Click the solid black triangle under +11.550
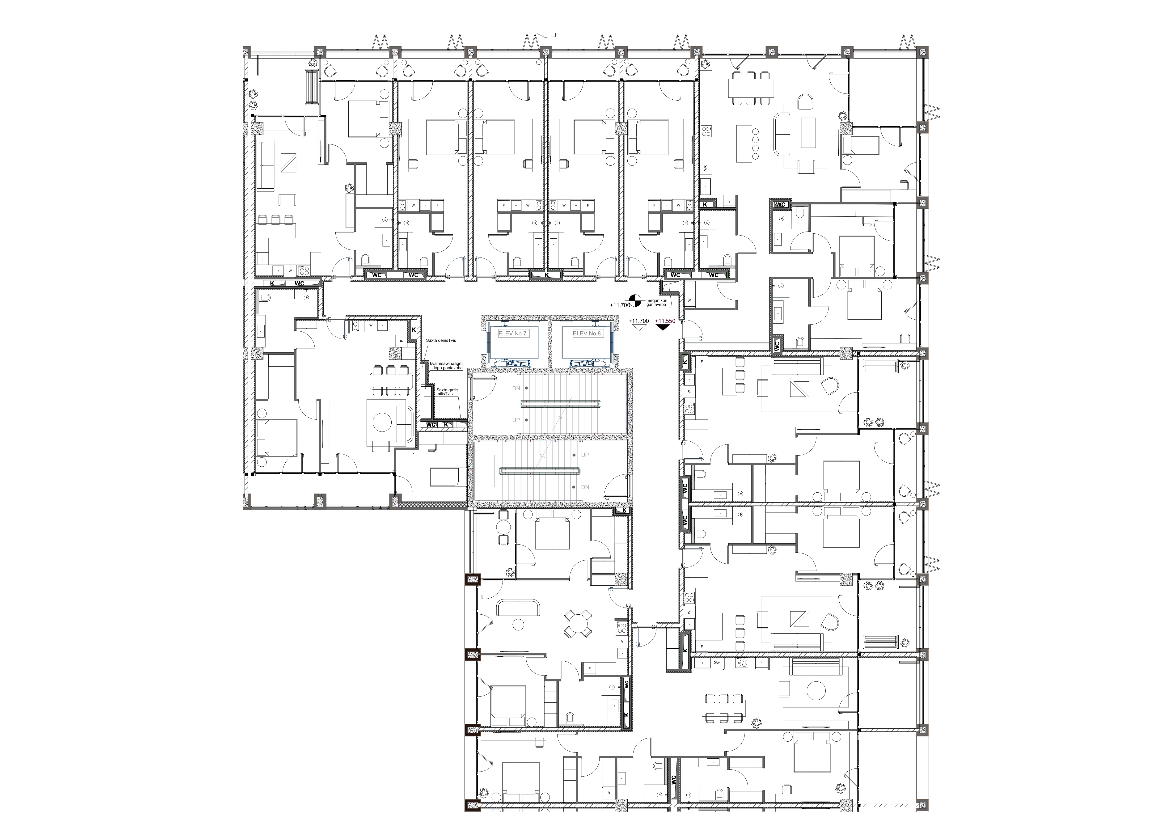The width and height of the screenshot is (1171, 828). [x=663, y=328]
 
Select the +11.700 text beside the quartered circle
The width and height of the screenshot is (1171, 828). [x=620, y=305]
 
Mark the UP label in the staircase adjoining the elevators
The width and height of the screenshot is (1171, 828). [x=516, y=420]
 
